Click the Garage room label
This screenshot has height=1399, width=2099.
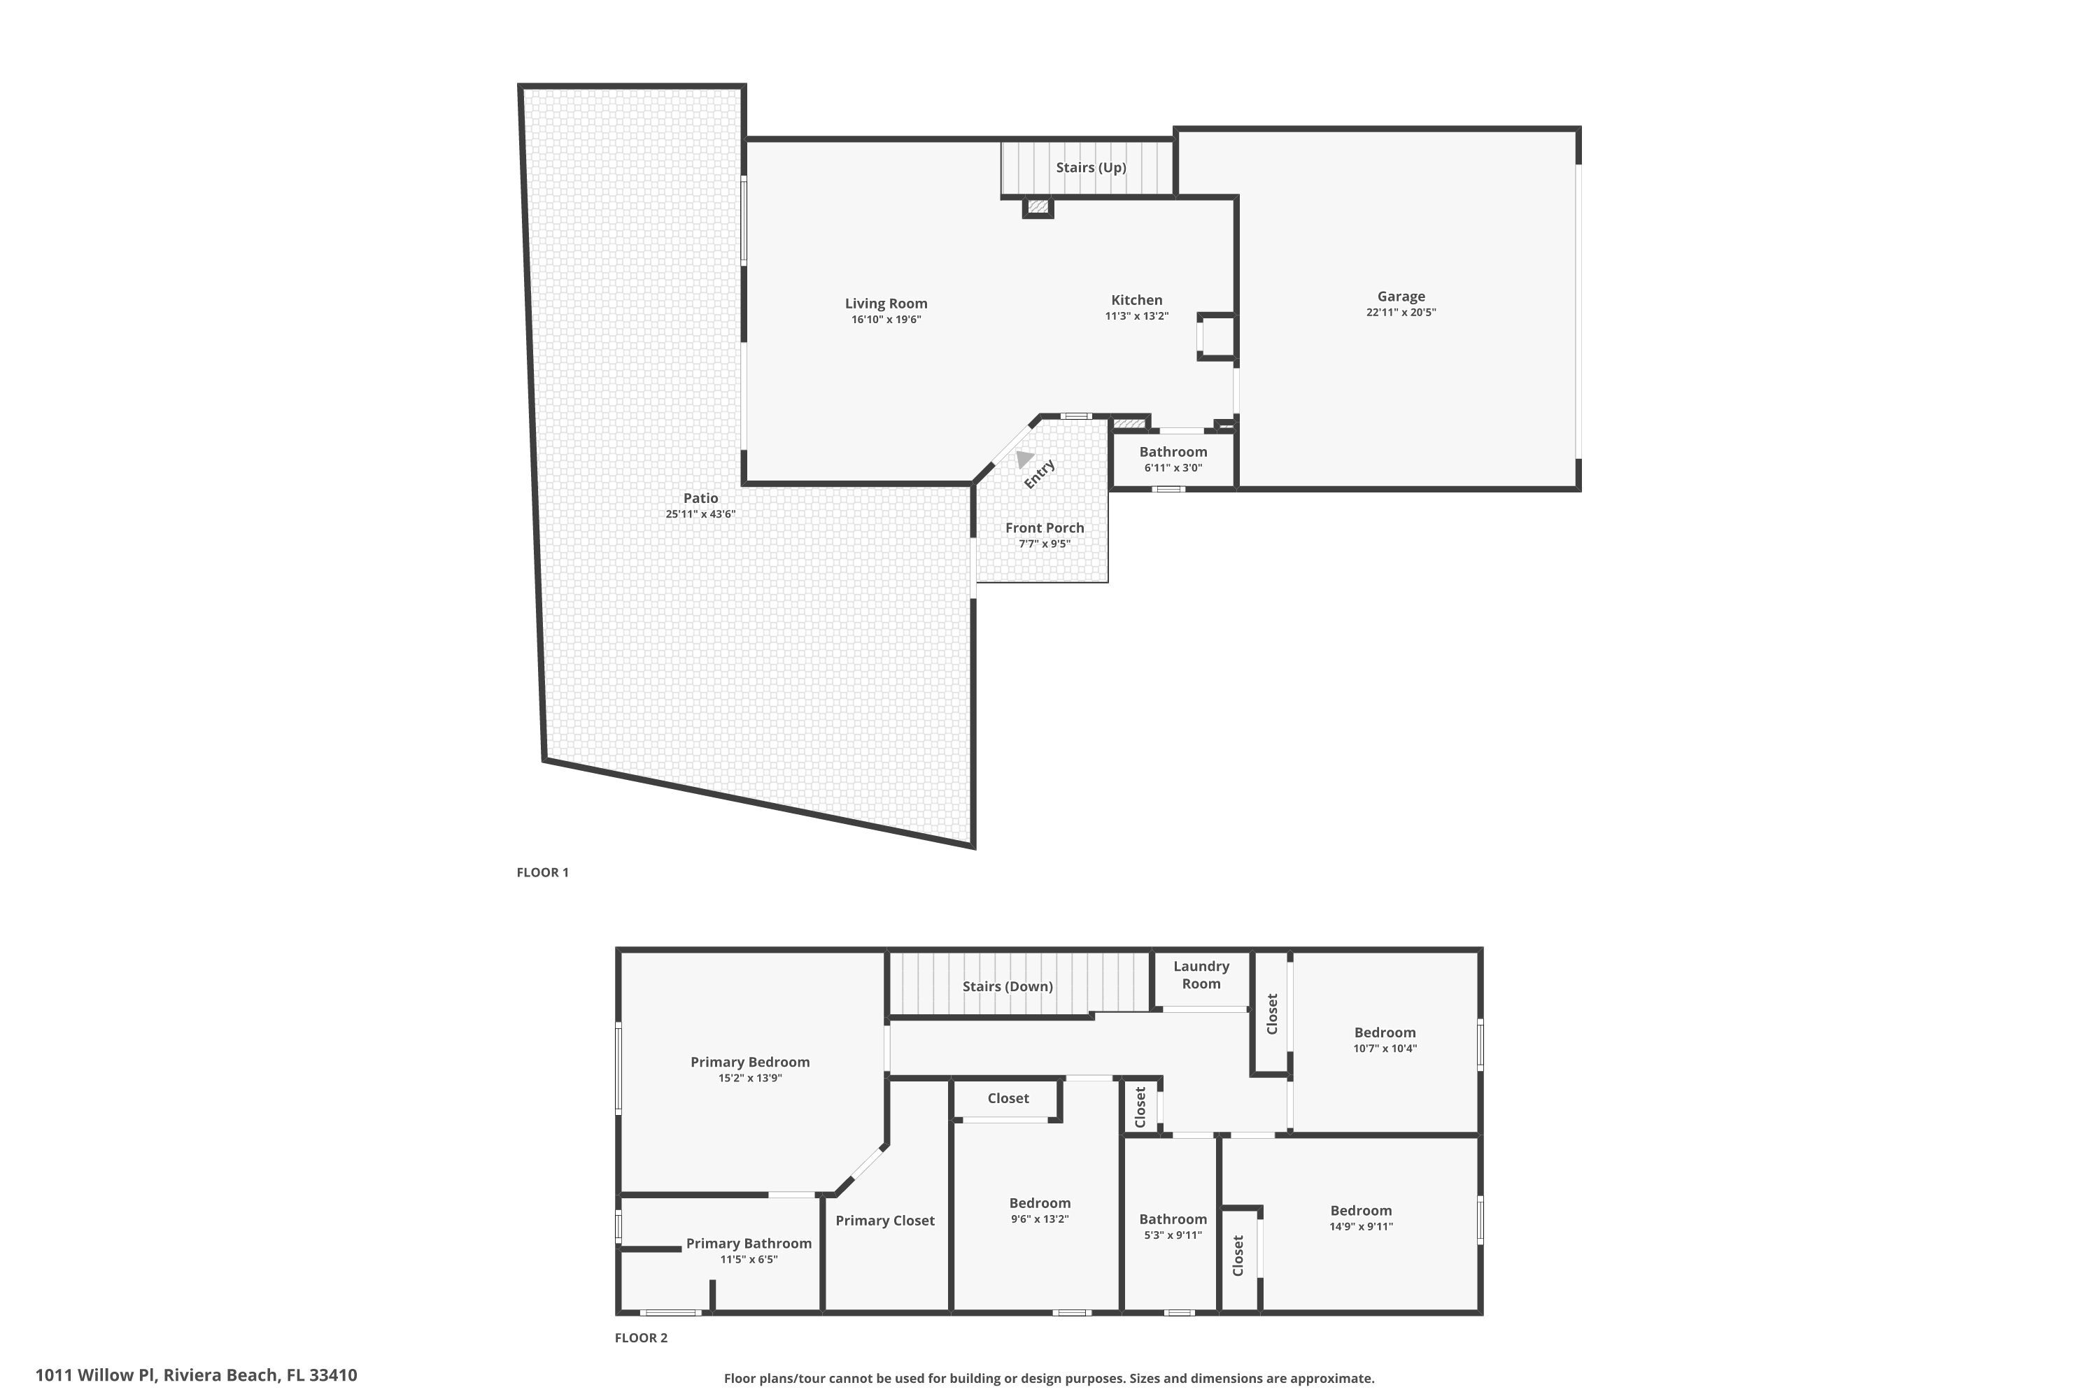tap(1400, 296)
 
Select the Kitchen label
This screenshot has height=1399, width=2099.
tap(1136, 300)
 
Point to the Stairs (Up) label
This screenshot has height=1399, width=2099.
tap(1091, 168)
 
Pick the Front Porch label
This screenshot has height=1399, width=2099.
tap(1044, 528)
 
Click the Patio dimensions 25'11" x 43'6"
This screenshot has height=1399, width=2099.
tap(700, 514)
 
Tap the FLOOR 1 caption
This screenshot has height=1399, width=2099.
tap(542, 872)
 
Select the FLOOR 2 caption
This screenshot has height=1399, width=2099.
tap(641, 1337)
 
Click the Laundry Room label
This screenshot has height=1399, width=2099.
tap(1201, 975)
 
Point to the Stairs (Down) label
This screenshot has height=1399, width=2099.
tap(1008, 986)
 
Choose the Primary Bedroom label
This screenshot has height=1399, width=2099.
tap(749, 1062)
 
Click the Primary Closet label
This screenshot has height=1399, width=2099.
tap(884, 1221)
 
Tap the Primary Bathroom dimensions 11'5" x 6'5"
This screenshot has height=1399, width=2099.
tap(749, 1260)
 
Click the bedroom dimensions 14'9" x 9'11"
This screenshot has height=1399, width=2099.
tap(1360, 1227)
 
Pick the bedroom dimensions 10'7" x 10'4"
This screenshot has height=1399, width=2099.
tap(1384, 1049)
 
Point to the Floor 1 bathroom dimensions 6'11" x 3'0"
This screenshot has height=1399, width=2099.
tap(1173, 467)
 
